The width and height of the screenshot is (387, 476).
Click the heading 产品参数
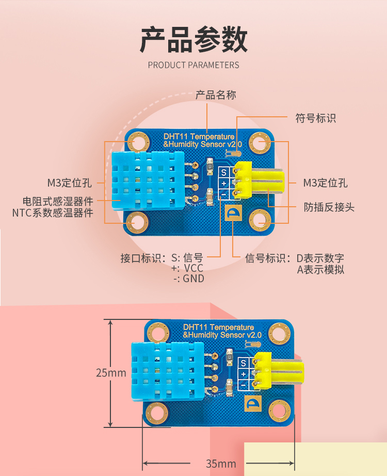pyautogui.click(x=193, y=40)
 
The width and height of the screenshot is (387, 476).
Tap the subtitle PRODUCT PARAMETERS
pyautogui.click(x=193, y=65)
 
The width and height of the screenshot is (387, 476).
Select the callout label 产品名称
pyautogui.click(x=216, y=95)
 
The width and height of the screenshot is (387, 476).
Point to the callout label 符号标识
pyautogui.click(x=315, y=118)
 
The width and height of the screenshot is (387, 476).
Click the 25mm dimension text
pyautogui.click(x=111, y=373)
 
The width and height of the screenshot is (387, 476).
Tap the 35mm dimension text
pyautogui.click(x=220, y=463)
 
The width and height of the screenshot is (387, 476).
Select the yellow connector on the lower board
pyautogui.click(x=276, y=371)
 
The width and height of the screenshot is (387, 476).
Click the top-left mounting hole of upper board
pyautogui.click(x=138, y=141)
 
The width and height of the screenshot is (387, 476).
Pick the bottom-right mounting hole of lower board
pyautogui.click(x=280, y=410)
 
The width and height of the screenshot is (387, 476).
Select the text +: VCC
pyautogui.click(x=187, y=268)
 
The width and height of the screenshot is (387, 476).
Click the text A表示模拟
pyautogui.click(x=320, y=269)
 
